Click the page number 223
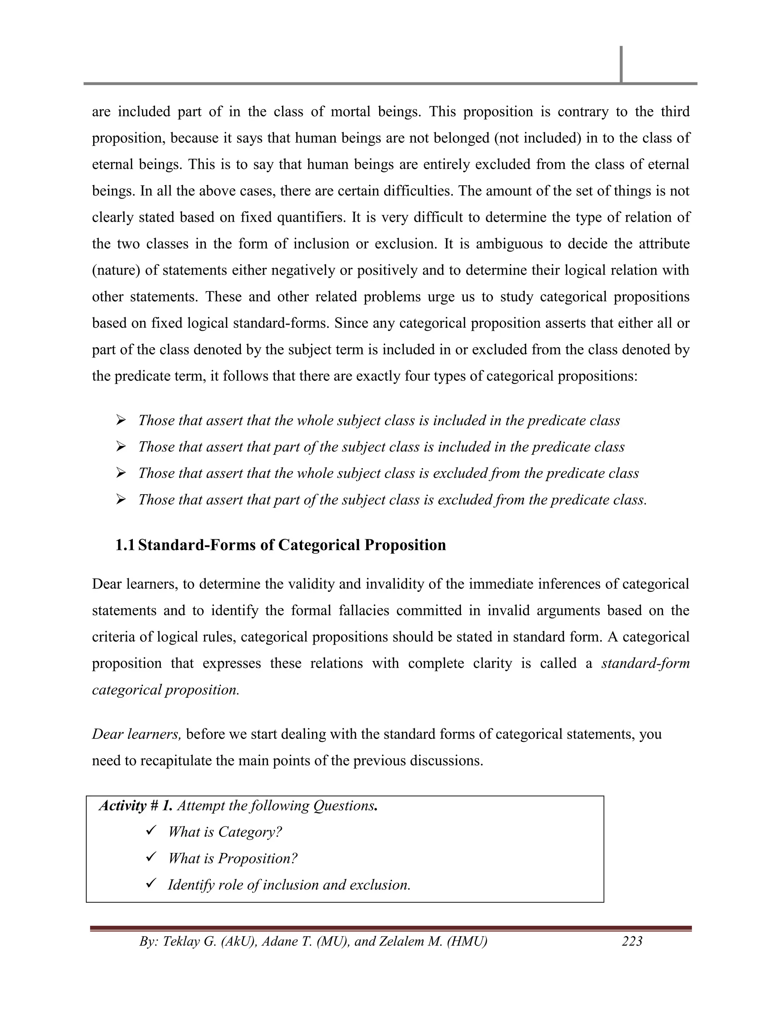(x=632, y=941)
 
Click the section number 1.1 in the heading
(x=125, y=545)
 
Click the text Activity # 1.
(x=136, y=806)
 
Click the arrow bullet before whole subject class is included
(x=121, y=420)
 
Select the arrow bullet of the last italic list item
(x=121, y=500)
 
